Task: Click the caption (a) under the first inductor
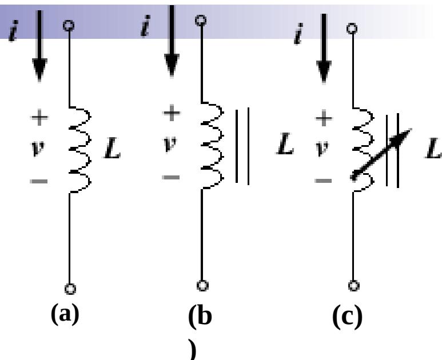63,315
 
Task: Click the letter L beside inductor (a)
112,150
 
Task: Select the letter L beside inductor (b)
284,147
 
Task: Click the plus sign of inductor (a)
39,119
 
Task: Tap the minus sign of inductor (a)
39,182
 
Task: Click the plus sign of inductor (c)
324,119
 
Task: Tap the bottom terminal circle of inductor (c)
353,284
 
